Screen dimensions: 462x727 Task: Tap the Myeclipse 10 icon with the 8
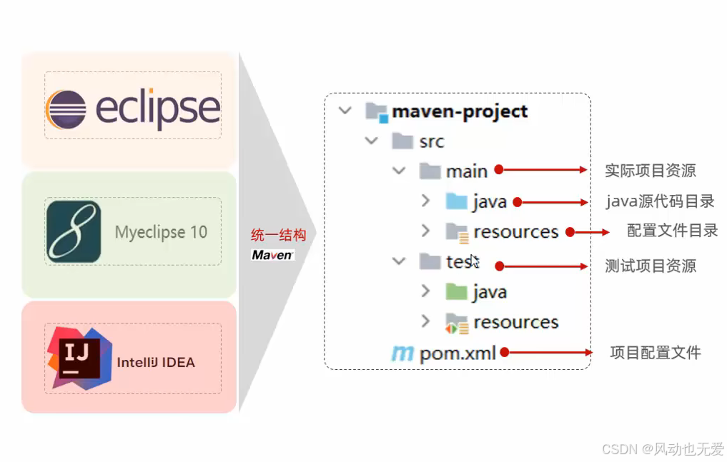(x=74, y=232)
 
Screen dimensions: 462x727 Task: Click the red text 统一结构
(x=278, y=236)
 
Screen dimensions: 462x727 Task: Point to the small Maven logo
(x=272, y=255)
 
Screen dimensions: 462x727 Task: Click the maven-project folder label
(x=460, y=112)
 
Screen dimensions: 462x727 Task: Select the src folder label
(x=432, y=142)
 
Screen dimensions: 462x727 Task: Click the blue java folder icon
(x=456, y=201)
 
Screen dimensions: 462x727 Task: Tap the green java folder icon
(x=456, y=291)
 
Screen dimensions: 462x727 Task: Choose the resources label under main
(x=515, y=231)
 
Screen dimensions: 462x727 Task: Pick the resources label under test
(x=515, y=322)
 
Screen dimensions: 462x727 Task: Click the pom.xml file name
(x=458, y=353)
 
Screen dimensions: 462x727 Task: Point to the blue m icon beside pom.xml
(x=402, y=353)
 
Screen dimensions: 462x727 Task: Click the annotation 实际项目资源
(x=650, y=171)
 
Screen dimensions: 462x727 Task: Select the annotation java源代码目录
(x=660, y=201)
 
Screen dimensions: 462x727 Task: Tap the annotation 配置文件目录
(x=672, y=231)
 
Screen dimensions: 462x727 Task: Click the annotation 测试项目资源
(x=650, y=266)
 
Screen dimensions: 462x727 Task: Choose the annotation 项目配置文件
(x=655, y=352)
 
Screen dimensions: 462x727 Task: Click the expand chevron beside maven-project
(x=345, y=111)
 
